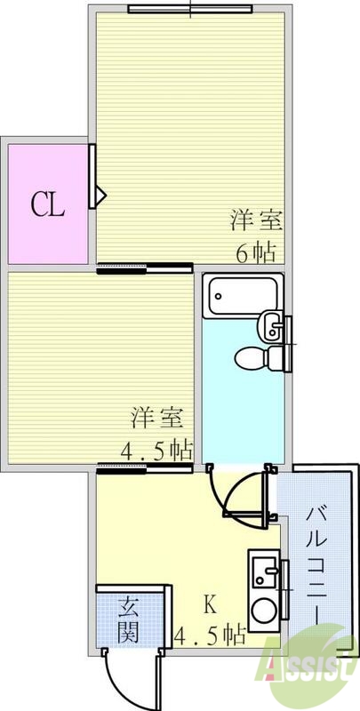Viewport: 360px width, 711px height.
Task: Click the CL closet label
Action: pos(48,206)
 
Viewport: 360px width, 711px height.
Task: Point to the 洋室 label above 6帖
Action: pos(252,220)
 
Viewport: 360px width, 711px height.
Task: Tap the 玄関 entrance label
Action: pos(129,620)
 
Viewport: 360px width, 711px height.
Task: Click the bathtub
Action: pos(242,294)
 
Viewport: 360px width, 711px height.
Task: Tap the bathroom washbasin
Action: pos(271,326)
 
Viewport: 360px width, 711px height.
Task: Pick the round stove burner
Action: pos(264,611)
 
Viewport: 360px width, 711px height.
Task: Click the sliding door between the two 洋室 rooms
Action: pos(144,268)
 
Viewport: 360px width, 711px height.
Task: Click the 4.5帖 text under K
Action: pos(210,635)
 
